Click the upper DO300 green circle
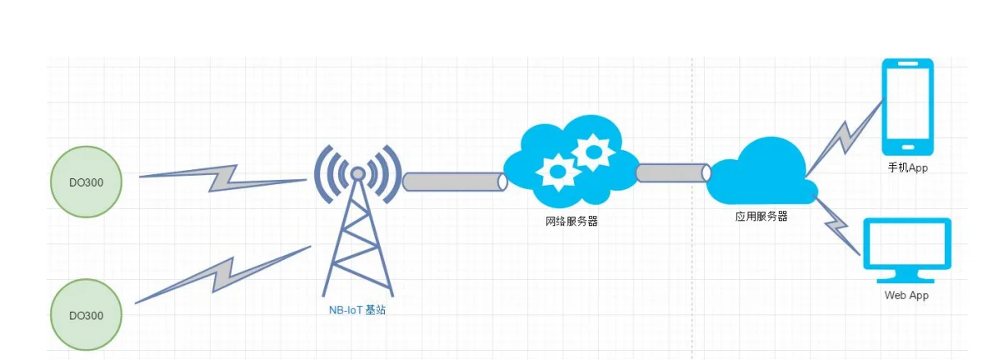(87, 182)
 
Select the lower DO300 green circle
(87, 315)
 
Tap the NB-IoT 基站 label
(357, 310)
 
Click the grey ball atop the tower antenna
(357, 173)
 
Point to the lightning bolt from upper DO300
(222, 177)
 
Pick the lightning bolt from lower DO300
(223, 274)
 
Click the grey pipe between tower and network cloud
(455, 182)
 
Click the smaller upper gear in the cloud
(595, 152)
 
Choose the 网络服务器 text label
(571, 222)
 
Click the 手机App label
(907, 168)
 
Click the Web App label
(906, 295)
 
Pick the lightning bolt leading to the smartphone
(846, 137)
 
